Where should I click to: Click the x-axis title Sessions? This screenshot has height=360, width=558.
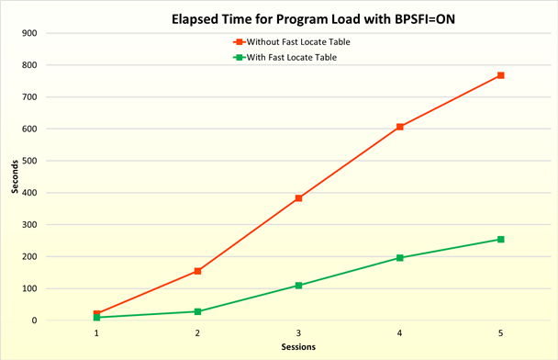(298, 348)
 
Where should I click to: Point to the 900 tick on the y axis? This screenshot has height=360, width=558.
(31, 33)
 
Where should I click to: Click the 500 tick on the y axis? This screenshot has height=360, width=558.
(31, 161)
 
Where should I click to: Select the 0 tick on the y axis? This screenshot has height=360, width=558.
(35, 321)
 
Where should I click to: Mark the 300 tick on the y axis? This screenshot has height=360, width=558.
(31, 225)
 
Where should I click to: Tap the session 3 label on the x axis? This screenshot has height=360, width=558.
(298, 332)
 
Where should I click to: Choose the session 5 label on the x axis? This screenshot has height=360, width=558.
(501, 332)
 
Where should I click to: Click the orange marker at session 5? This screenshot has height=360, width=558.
(501, 75)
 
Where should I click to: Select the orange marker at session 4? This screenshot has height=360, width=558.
(400, 127)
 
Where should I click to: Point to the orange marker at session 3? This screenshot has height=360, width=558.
(298, 198)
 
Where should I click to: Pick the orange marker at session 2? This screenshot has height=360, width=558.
(197, 271)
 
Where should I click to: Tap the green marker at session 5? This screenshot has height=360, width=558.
(501, 240)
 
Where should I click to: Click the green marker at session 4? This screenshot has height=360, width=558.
(400, 258)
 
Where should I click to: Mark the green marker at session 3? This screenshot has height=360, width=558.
(298, 286)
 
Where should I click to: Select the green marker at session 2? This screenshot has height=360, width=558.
(197, 311)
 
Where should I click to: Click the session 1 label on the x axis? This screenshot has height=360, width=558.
(96, 332)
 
